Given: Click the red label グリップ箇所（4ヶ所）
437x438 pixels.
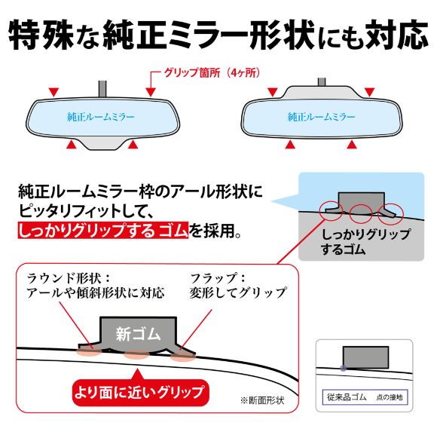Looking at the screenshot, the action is (212, 72).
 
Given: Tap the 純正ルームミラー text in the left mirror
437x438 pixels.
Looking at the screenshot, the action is (101, 117).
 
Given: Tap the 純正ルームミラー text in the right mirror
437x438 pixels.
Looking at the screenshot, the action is (322, 117).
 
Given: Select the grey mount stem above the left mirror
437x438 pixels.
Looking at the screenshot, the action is (102, 88).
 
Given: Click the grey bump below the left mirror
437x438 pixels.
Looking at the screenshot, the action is (102, 143).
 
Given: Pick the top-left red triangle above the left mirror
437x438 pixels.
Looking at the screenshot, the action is (53, 92).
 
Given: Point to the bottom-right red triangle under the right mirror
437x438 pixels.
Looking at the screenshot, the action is (352, 144).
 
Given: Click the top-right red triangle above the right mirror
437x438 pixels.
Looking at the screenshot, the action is (369, 92).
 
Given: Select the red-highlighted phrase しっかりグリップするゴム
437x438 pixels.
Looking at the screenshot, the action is (102, 231).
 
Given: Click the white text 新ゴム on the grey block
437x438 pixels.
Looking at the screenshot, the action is (138, 333).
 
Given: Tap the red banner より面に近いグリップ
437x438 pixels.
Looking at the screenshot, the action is (140, 392).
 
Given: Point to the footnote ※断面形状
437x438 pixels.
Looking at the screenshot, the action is (262, 400).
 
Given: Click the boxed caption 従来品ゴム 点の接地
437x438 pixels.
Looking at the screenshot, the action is (365, 397).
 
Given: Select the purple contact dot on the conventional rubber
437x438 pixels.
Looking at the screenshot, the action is (344, 368).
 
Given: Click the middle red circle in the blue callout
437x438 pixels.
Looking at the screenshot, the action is (361, 213).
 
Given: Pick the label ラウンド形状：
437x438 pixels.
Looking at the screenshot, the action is (69, 278).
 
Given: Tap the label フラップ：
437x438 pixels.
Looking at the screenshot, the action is (218, 278).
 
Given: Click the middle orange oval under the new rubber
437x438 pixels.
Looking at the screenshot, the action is (137, 354).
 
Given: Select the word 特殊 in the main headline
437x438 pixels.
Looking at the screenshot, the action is (41, 35).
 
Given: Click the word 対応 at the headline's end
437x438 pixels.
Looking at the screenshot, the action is (396, 35).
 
